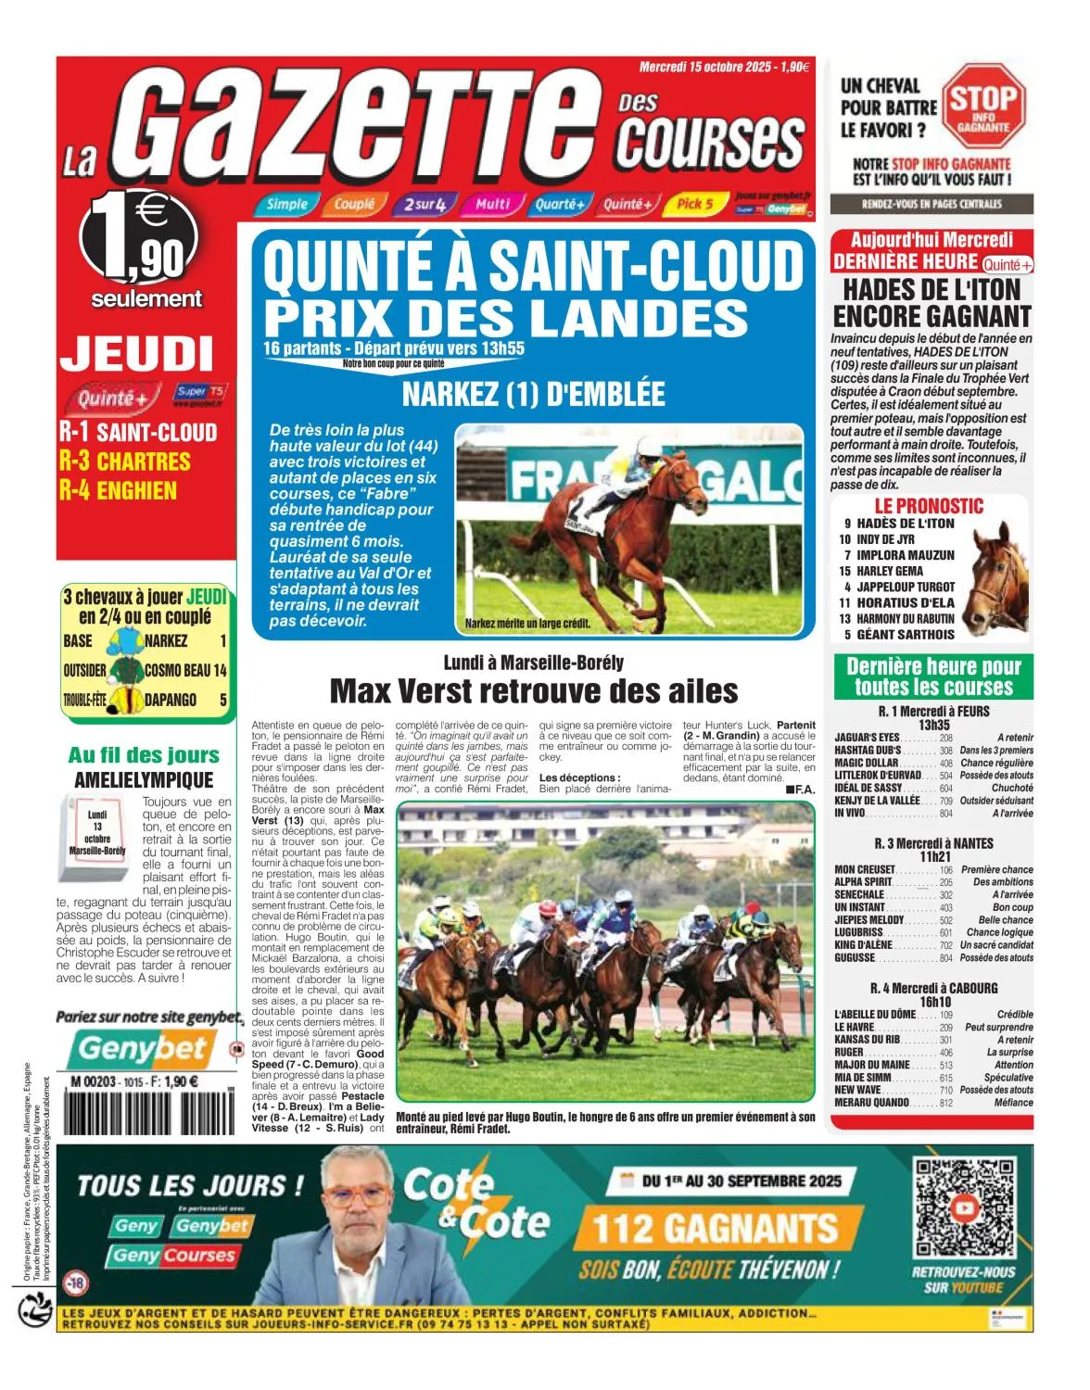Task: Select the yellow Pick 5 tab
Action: click(694, 204)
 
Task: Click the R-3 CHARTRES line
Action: click(124, 461)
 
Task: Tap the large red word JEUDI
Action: click(136, 354)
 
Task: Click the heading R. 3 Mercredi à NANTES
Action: click(933, 843)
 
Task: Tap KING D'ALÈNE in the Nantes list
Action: click(863, 945)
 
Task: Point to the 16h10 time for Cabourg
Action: click(935, 1002)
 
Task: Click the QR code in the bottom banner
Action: click(963, 1207)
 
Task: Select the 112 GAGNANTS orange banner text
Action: click(715, 1230)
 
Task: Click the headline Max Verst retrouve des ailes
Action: click(534, 691)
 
